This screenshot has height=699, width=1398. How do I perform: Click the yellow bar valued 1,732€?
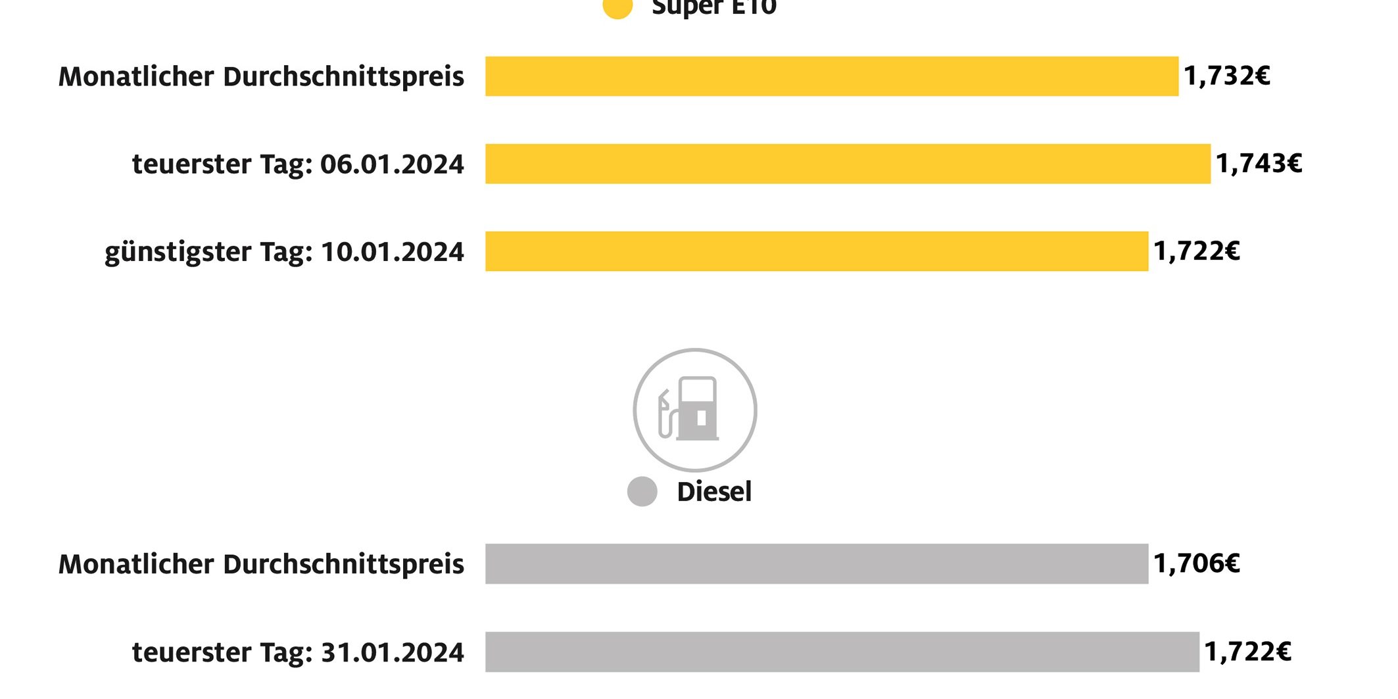[831, 76]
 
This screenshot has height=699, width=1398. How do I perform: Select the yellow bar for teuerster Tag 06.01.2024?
[848, 164]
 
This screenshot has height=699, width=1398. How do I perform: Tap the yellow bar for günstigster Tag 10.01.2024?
[816, 251]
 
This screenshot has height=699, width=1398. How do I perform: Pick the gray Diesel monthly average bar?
[816, 564]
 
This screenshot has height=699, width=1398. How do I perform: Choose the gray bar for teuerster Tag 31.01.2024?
[842, 652]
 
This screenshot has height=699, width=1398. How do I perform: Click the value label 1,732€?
[1226, 76]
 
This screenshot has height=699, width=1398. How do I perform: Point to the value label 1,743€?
[1258, 164]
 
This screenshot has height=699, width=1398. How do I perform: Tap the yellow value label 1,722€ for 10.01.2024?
[1196, 251]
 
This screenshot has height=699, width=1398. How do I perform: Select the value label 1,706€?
[1196, 564]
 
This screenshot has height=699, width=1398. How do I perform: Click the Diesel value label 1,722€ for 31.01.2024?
[1247, 652]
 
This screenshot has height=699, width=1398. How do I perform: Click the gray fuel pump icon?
[694, 410]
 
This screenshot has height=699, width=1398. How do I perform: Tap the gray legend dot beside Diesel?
[642, 492]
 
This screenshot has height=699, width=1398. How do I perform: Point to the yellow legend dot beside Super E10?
[617, 8]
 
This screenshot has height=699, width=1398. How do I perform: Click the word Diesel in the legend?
[714, 492]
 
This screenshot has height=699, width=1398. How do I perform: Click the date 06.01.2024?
[392, 164]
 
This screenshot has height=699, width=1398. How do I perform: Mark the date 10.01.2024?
[392, 252]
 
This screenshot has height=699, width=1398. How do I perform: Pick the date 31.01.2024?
[392, 652]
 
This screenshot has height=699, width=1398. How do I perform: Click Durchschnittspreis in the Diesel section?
[343, 564]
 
